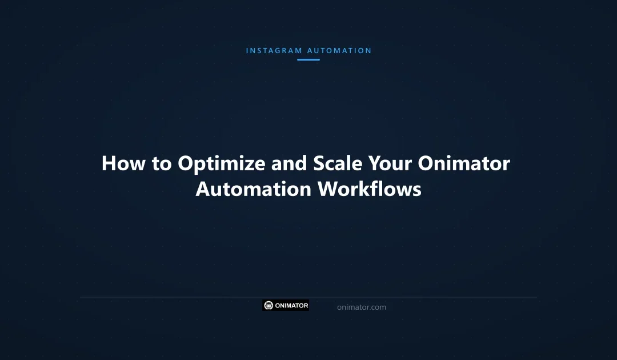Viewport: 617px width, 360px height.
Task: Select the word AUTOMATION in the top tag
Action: tap(339, 50)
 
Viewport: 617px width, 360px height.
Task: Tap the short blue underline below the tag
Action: tap(308, 59)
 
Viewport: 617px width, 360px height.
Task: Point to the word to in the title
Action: tap(162, 163)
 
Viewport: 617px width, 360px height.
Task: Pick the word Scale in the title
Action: tap(338, 163)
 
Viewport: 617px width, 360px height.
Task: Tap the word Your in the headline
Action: tap(390, 163)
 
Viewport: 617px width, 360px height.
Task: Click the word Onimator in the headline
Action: tap(464, 163)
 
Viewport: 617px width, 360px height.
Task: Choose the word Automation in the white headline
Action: tap(254, 189)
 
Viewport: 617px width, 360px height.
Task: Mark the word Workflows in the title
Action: tap(370, 189)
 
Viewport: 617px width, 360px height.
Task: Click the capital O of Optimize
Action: tap(186, 164)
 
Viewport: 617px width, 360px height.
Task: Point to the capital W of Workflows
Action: tap(328, 189)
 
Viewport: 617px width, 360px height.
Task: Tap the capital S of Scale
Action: tap(319, 164)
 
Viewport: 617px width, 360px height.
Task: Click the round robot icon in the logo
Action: tap(269, 306)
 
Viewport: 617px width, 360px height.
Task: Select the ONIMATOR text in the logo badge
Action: tap(291, 306)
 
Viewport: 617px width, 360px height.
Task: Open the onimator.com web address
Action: tap(361, 307)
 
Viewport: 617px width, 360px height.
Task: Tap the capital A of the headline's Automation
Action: tap(205, 189)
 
